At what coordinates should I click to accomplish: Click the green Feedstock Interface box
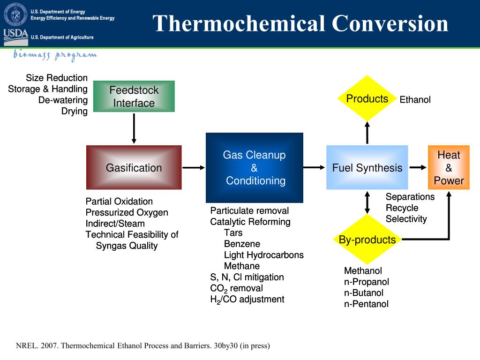pos(134,97)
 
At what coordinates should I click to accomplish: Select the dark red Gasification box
pos(134,167)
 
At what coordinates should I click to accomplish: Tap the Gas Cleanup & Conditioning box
pos(254,167)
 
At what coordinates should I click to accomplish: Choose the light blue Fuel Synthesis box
pos(367,167)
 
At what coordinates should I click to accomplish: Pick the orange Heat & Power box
pos(449,167)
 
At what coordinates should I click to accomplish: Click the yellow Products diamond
pos(367,98)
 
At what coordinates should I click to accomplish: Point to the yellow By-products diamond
pos(367,240)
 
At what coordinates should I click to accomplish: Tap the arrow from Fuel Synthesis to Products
pos(367,132)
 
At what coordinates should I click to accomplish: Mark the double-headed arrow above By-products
pos(367,202)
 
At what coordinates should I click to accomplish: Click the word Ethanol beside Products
pos(415,99)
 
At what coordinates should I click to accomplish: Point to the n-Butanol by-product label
pos(364,293)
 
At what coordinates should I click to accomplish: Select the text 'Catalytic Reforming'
pos(250,222)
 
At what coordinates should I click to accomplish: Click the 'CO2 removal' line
pos(236,288)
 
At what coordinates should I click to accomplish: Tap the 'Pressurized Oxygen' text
pos(127,212)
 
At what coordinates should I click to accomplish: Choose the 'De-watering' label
pos(63,100)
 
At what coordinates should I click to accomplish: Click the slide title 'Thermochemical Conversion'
pos(300,23)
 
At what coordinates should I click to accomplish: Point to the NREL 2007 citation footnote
pos(143,346)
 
